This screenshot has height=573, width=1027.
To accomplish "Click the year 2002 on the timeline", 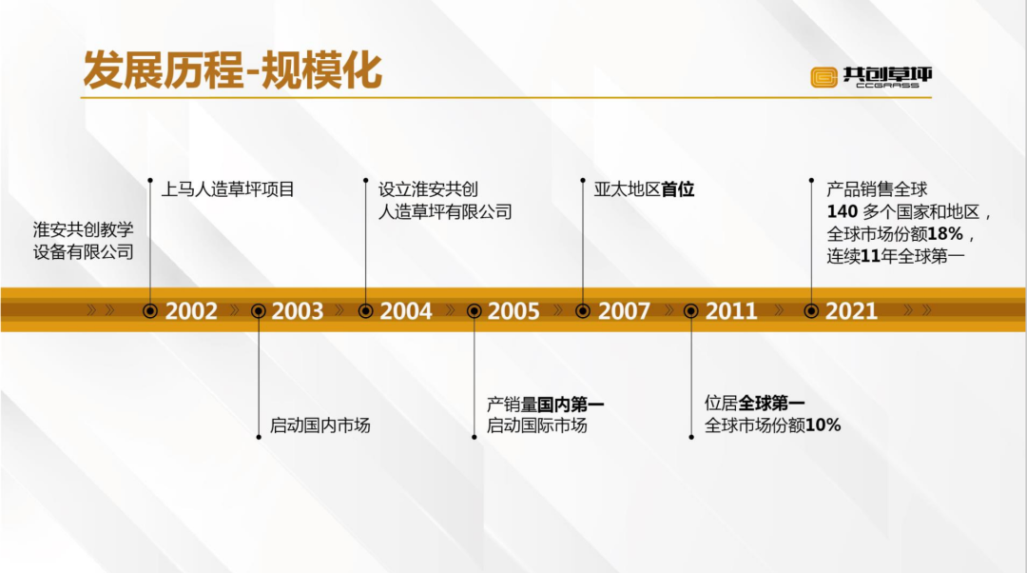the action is [x=190, y=310].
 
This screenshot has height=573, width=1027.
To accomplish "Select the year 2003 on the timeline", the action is [x=298, y=310].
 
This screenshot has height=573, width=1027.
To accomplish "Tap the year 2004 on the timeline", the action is [x=405, y=310].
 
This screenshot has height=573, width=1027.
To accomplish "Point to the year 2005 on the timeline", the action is [x=513, y=310].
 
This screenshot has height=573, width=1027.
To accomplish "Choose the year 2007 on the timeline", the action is [x=624, y=310].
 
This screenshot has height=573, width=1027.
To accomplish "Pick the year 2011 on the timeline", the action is [x=731, y=310].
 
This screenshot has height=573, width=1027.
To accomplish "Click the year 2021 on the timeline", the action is [x=851, y=310].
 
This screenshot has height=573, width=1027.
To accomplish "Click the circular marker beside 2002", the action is [x=150, y=310].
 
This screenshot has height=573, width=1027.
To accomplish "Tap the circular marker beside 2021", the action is [x=811, y=310].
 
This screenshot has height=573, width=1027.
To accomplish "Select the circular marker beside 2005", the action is [x=475, y=310].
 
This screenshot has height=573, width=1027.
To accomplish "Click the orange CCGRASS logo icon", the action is [x=824, y=77].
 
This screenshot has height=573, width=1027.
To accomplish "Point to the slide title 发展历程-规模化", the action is [x=233, y=70].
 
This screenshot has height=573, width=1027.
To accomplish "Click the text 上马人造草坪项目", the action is [x=228, y=189].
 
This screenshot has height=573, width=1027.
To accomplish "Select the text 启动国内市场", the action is [x=320, y=425].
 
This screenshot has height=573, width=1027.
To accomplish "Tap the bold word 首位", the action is [x=678, y=189].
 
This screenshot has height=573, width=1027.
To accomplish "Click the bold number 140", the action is [x=843, y=211].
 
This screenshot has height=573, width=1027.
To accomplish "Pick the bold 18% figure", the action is [x=945, y=234].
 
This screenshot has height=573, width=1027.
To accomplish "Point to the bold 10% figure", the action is [x=824, y=425].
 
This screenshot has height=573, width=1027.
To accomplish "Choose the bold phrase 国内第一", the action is [x=572, y=404].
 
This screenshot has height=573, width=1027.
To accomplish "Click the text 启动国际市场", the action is [x=536, y=425].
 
